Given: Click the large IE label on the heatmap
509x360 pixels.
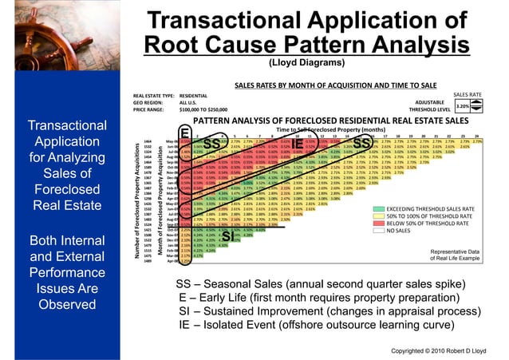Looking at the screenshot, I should (x=297, y=144).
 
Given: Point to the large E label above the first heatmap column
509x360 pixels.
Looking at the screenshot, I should (x=183, y=132).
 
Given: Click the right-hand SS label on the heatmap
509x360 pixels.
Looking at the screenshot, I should (x=361, y=144).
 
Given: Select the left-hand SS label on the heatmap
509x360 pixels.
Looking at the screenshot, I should (x=211, y=144).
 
